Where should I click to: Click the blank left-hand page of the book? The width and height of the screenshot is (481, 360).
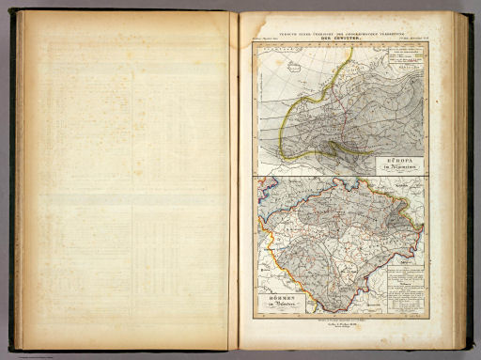click(x=127, y=179)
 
